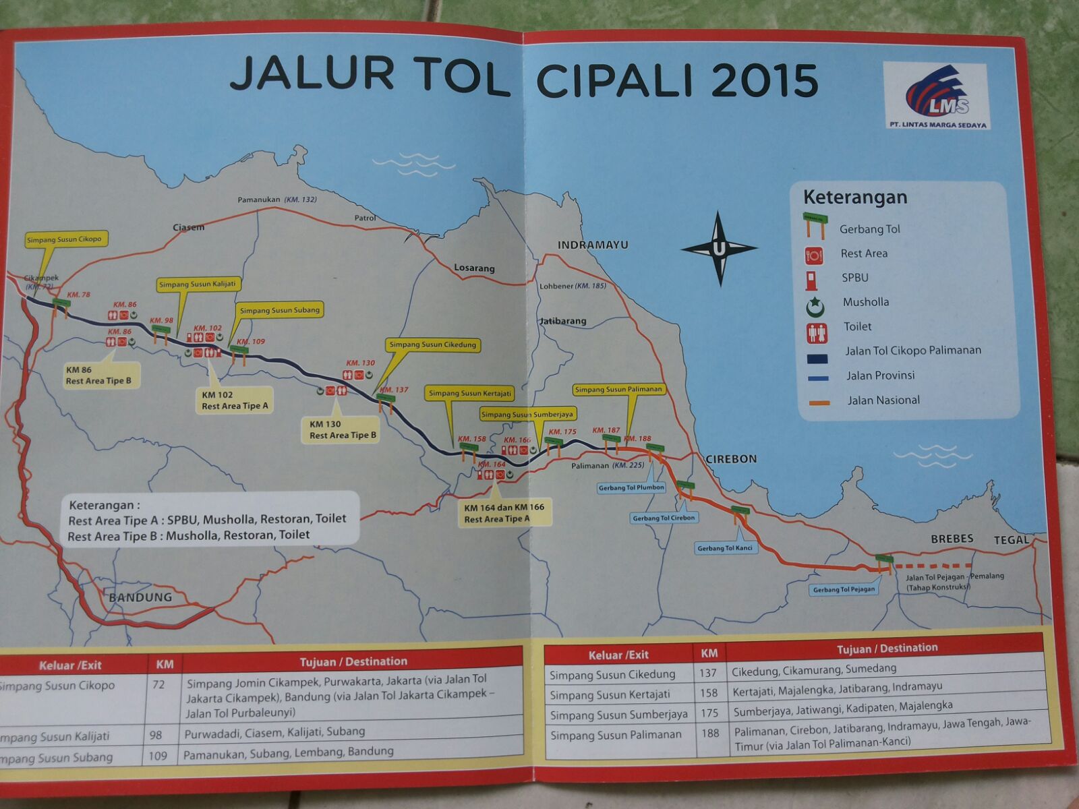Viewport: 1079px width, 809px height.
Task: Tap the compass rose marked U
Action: click(x=719, y=249)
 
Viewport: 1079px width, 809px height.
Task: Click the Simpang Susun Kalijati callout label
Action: click(x=198, y=284)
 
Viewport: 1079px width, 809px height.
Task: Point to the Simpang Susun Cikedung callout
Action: click(x=432, y=344)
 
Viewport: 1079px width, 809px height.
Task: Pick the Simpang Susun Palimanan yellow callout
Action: click(x=618, y=390)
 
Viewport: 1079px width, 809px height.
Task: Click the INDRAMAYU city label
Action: click(x=592, y=245)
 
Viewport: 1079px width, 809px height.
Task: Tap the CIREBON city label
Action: click(x=731, y=459)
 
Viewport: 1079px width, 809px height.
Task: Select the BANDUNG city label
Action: click(x=140, y=597)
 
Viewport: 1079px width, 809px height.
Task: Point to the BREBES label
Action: click(x=952, y=539)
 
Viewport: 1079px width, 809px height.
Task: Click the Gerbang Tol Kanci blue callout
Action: click(x=725, y=548)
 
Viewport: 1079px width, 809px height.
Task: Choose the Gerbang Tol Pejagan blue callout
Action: click(x=844, y=590)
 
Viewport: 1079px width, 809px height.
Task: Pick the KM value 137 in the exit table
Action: click(x=707, y=673)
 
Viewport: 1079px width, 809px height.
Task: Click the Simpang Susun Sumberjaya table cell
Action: click(x=618, y=715)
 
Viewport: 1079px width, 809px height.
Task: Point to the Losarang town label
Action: click(x=474, y=268)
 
